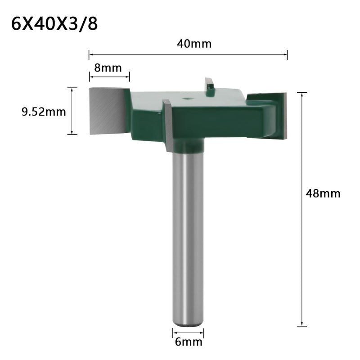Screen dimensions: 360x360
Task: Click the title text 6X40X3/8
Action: point(54,23)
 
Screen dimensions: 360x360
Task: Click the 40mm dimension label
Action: point(189,44)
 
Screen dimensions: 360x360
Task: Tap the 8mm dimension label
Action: point(108,68)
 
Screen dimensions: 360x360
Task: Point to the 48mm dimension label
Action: point(323,193)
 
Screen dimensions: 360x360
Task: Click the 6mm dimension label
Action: point(188,342)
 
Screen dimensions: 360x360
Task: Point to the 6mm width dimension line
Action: point(188,333)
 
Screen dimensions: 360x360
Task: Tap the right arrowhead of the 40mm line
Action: point(285,55)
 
